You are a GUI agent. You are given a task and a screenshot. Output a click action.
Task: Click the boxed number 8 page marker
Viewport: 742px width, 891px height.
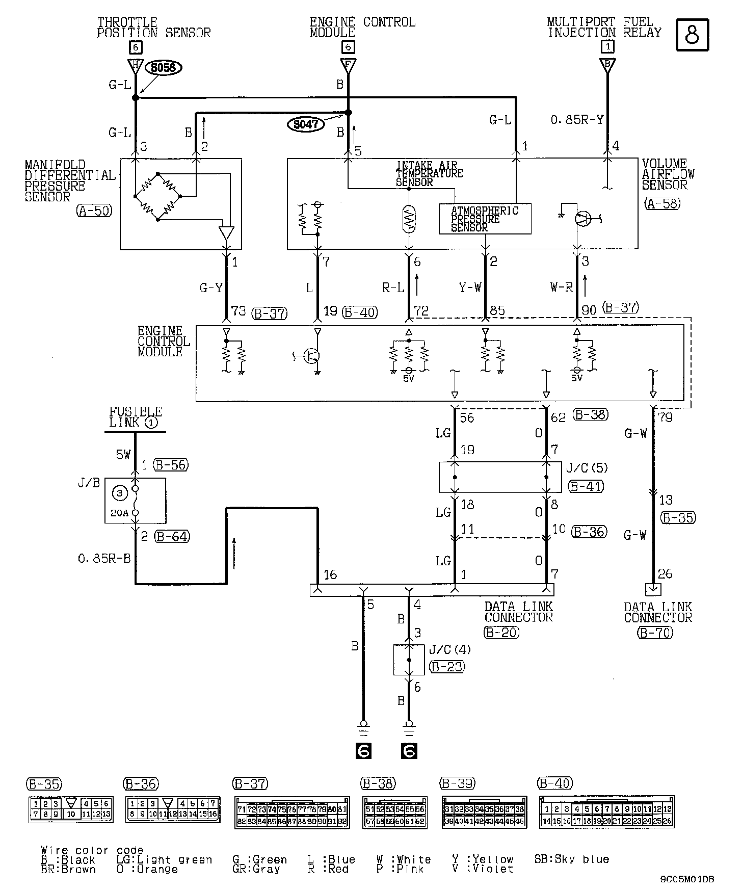[693, 35]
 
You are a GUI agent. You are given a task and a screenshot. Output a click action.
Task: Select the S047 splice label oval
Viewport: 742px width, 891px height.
[306, 125]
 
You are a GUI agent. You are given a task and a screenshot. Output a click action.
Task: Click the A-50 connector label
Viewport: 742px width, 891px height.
[95, 211]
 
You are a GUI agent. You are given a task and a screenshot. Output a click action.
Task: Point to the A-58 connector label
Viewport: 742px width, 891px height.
[662, 204]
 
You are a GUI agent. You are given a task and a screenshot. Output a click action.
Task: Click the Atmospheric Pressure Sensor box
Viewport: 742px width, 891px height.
[485, 219]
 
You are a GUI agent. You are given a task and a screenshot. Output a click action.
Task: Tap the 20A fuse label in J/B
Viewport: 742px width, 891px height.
[119, 513]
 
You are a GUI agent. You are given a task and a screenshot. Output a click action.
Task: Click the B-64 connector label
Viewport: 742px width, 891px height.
[172, 536]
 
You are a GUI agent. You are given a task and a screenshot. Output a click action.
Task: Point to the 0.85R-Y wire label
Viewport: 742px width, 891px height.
[577, 120]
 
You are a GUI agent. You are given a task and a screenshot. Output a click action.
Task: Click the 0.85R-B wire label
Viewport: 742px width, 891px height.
[104, 559]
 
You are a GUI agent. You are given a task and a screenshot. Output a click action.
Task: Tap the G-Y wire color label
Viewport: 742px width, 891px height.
[211, 289]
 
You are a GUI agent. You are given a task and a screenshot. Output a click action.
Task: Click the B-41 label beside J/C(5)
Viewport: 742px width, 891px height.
[586, 486]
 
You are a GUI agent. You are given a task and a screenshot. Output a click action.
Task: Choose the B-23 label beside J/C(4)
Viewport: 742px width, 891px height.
[447, 667]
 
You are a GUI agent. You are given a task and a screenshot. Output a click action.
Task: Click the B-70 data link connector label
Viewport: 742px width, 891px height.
[655, 633]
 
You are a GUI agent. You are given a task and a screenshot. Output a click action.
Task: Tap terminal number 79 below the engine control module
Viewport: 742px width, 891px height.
[666, 417]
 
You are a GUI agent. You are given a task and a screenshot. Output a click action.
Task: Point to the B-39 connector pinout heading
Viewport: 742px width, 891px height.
[457, 783]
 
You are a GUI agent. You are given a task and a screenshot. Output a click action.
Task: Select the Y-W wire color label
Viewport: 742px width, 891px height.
[470, 288]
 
